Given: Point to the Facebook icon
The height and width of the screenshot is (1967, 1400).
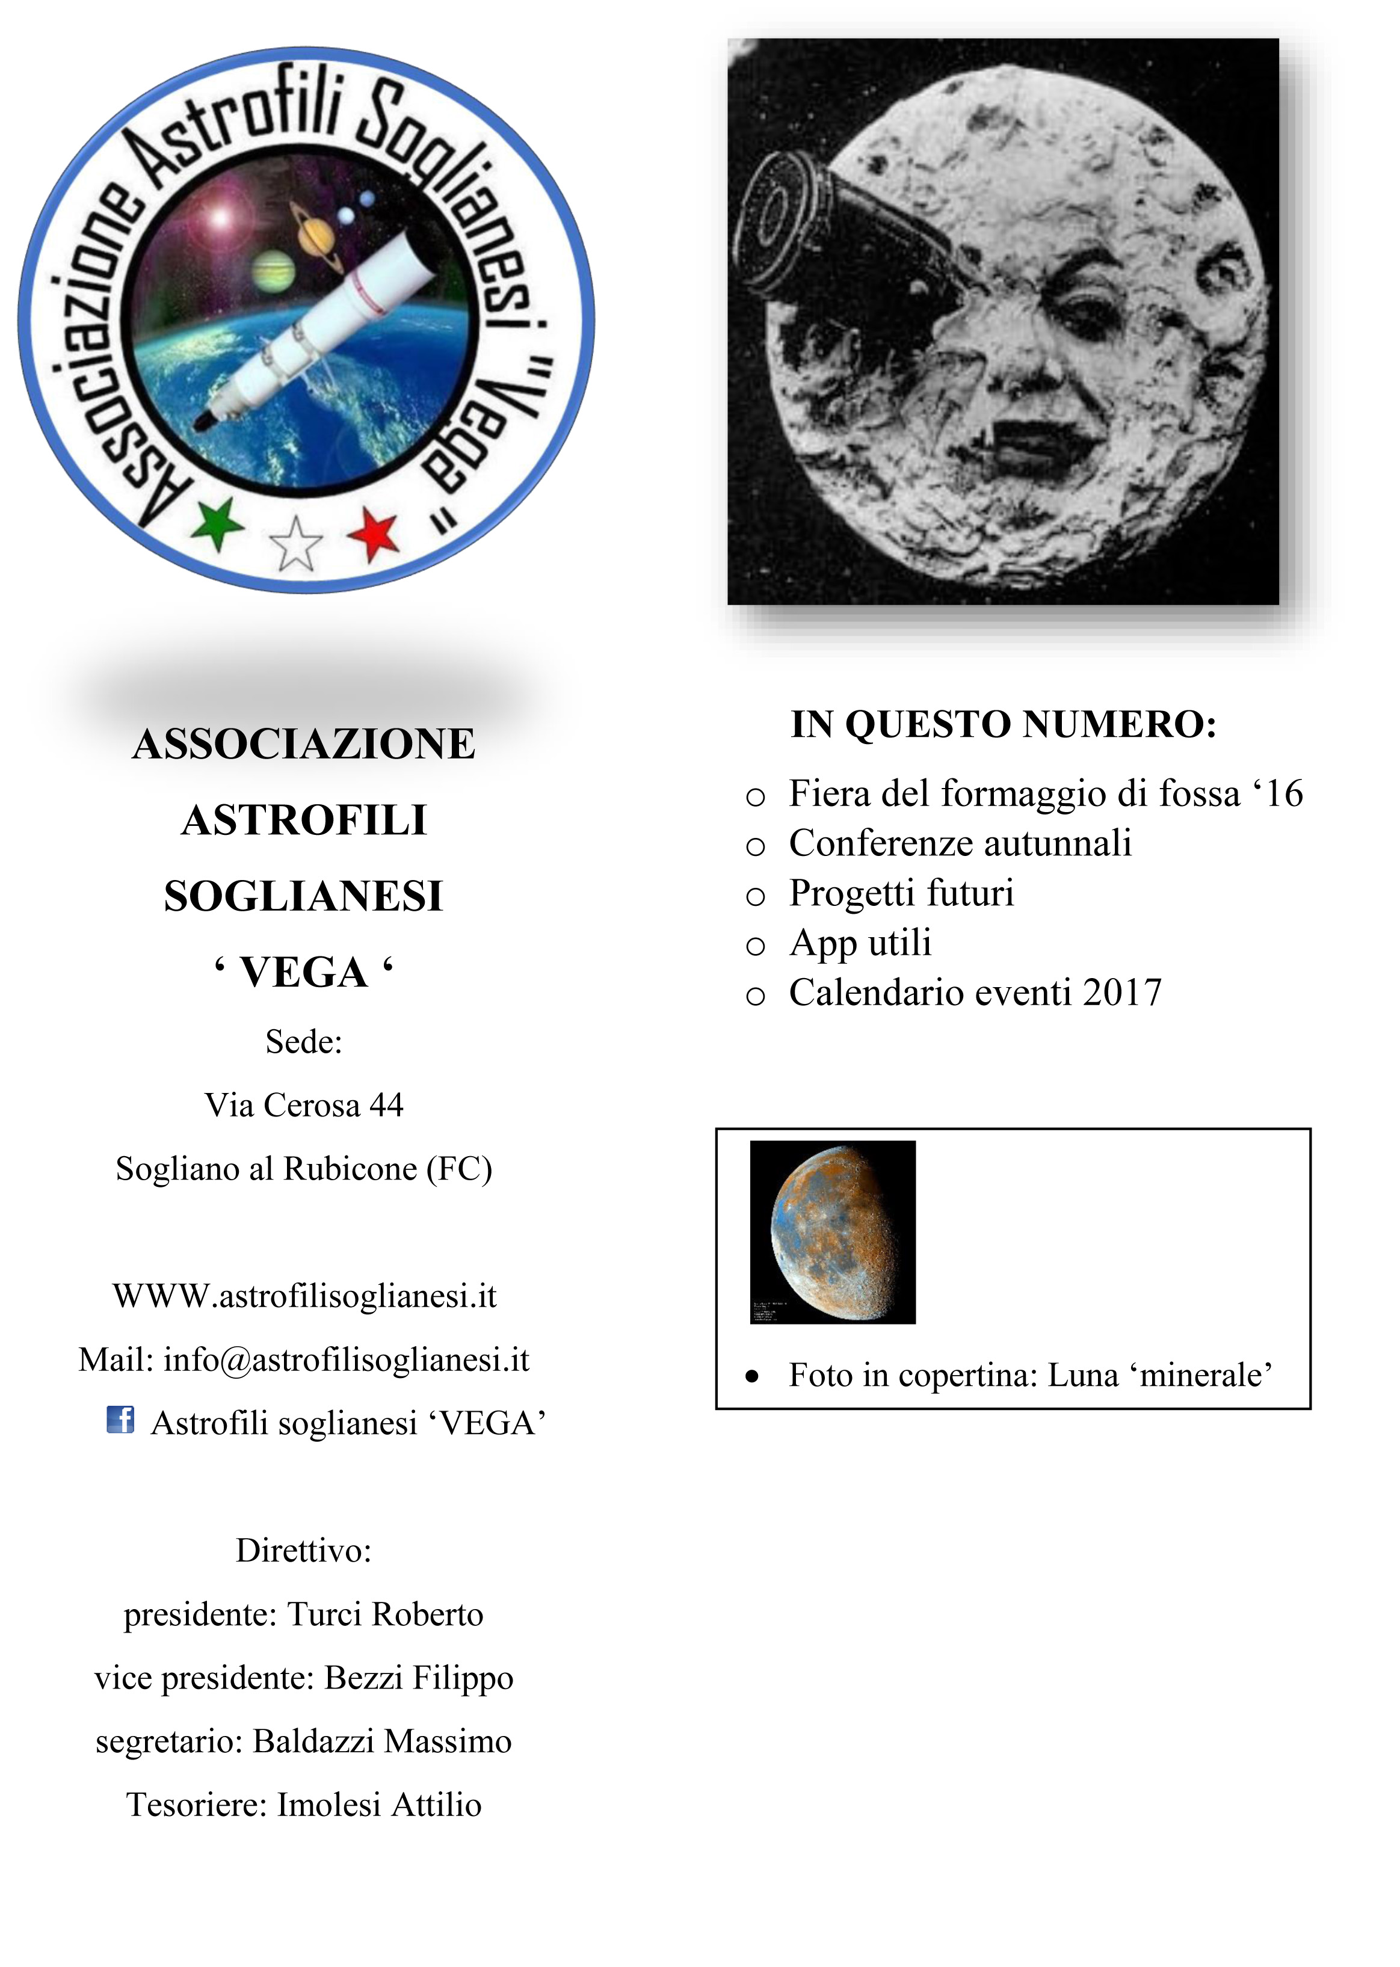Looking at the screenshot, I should pyautogui.click(x=120, y=1420).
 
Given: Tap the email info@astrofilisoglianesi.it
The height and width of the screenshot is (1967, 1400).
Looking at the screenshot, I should pyautogui.click(x=346, y=1359).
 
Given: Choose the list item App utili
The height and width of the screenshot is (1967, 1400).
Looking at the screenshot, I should pyautogui.click(x=860, y=942).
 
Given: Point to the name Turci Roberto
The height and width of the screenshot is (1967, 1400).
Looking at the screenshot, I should pyautogui.click(x=384, y=1615).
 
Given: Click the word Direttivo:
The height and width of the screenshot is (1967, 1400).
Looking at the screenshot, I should pyautogui.click(x=303, y=1551).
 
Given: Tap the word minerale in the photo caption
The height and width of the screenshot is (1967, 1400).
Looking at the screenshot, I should pyautogui.click(x=1205, y=1375).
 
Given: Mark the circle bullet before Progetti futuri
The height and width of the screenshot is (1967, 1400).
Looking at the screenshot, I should pyautogui.click(x=755, y=896).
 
